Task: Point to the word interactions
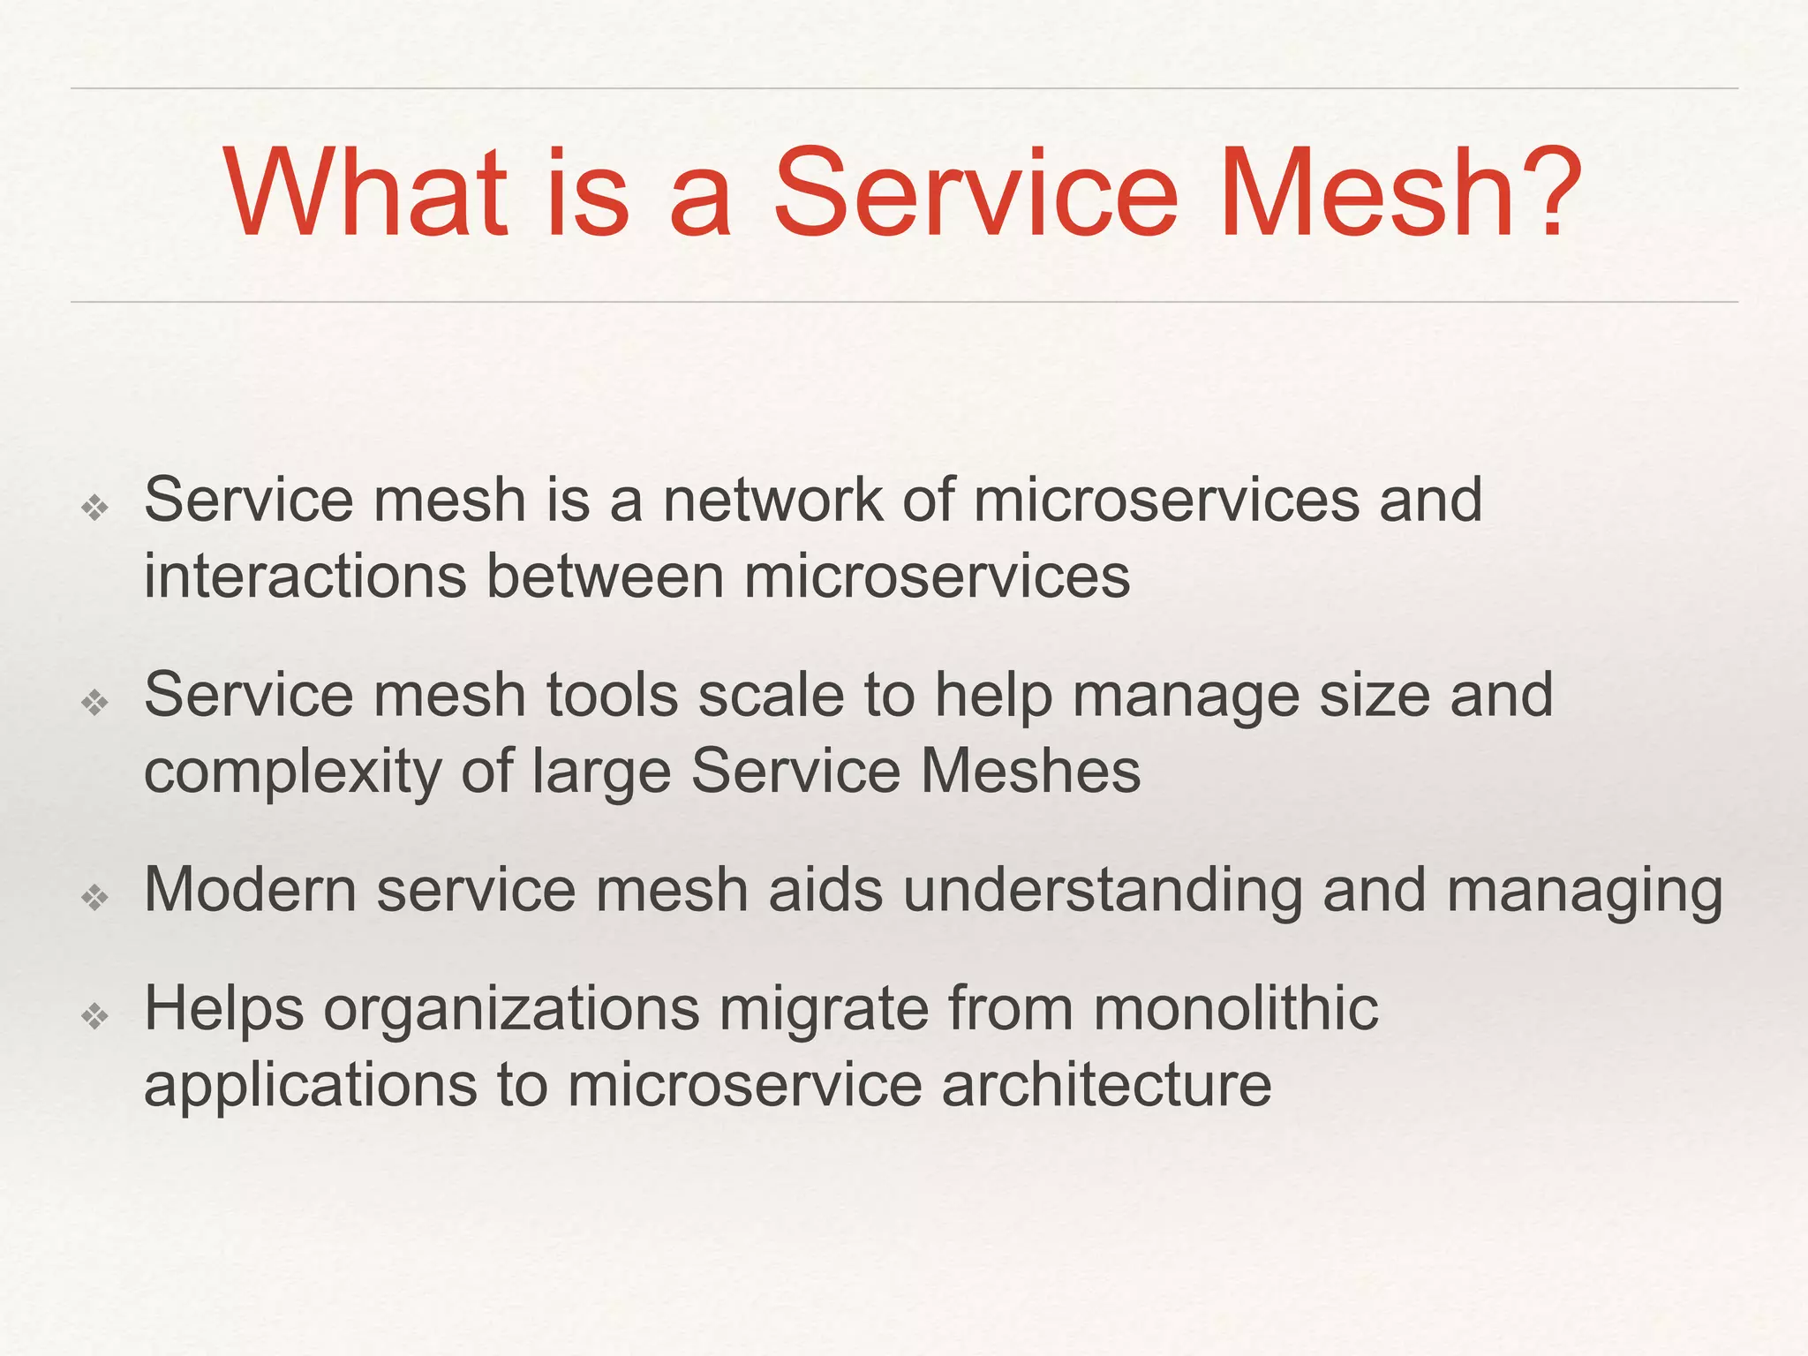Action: click(305, 576)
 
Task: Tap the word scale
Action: click(771, 695)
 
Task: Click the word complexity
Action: click(292, 773)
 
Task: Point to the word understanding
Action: click(1102, 892)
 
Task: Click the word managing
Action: click(1584, 892)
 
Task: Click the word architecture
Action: click(1106, 1085)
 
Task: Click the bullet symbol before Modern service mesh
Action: click(94, 898)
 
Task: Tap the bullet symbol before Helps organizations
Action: click(94, 1016)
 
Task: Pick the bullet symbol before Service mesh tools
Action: click(94, 703)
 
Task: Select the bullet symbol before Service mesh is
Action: click(94, 508)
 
